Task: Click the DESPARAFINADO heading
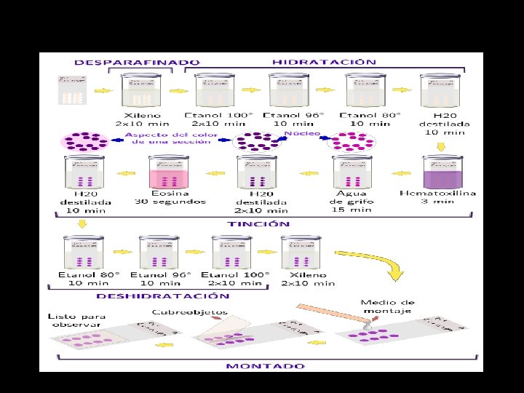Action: click(x=136, y=63)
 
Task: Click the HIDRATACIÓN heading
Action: click(x=324, y=62)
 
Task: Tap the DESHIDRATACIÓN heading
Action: click(x=164, y=295)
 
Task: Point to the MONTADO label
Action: click(x=265, y=365)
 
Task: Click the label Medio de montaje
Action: click(x=388, y=306)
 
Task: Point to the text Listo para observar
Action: click(x=77, y=320)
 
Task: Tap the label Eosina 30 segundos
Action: click(x=170, y=197)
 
